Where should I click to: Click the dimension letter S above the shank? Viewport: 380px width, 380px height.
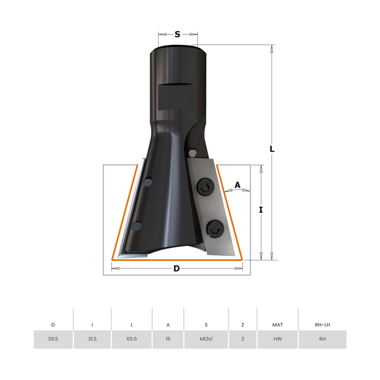click(x=177, y=34)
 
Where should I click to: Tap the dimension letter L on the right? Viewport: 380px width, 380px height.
click(x=272, y=149)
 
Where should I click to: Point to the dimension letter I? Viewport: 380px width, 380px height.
click(x=261, y=210)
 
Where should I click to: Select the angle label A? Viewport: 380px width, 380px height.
click(x=237, y=185)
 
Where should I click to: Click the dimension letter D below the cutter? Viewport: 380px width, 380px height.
click(x=177, y=268)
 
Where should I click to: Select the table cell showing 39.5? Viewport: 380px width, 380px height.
click(x=53, y=339)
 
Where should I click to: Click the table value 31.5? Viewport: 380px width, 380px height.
click(x=92, y=339)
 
